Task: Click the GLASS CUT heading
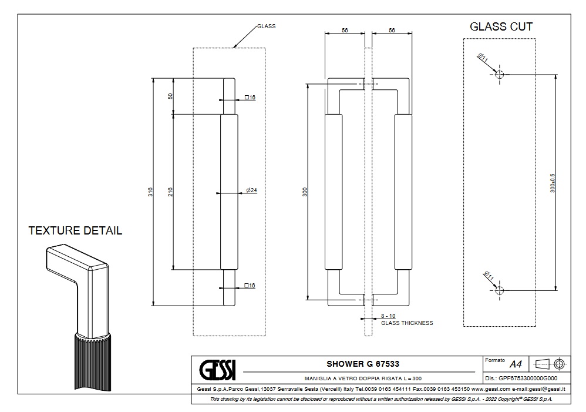click(x=501, y=26)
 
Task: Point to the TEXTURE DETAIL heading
click(x=75, y=231)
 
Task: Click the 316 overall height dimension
click(x=150, y=192)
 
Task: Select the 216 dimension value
click(x=170, y=192)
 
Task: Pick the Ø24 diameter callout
click(x=252, y=190)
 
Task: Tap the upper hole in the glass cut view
click(x=499, y=74)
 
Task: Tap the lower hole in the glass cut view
click(x=499, y=290)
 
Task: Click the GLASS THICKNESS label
click(x=407, y=323)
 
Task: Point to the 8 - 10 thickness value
click(x=388, y=316)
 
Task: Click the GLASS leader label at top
click(x=266, y=26)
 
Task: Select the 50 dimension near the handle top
click(x=170, y=96)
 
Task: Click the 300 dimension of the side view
click(x=305, y=192)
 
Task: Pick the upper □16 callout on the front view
click(x=250, y=97)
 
